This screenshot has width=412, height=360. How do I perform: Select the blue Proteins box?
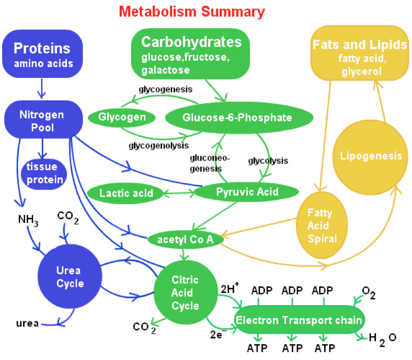[42, 54]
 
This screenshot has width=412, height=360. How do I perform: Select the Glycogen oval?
[122, 117]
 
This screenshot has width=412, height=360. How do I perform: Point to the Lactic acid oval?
[127, 193]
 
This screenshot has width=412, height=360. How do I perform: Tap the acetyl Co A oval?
[186, 239]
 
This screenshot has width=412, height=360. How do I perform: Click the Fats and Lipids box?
[360, 54]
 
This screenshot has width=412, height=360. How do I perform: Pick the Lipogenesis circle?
[371, 156]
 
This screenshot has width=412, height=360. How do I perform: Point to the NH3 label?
[28, 219]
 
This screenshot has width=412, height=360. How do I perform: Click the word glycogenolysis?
[158, 145]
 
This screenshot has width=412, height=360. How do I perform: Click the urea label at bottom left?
[27, 323]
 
